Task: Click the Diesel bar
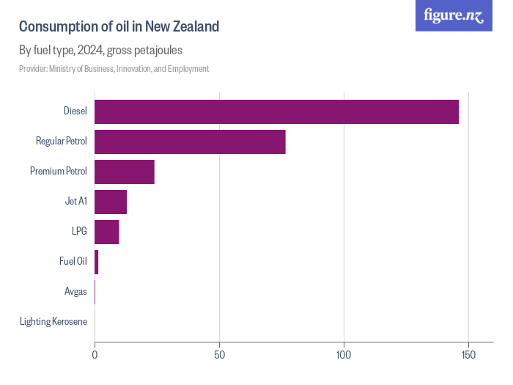pyautogui.click(x=276, y=111)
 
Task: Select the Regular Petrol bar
pyautogui.click(x=190, y=142)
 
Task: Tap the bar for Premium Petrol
pyautogui.click(x=124, y=172)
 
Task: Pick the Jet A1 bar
pyautogui.click(x=111, y=202)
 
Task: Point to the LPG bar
pyautogui.click(x=106, y=232)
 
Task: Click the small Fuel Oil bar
pyautogui.click(x=96, y=262)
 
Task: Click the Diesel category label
pyautogui.click(x=75, y=111)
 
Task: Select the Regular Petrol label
pyautogui.click(x=62, y=142)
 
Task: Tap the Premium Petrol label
pyautogui.click(x=59, y=172)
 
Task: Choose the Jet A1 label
pyautogui.click(x=76, y=202)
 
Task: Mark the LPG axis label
pyautogui.click(x=79, y=232)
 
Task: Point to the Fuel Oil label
pyautogui.click(x=73, y=262)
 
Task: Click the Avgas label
pyautogui.click(x=75, y=292)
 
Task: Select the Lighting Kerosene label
pyautogui.click(x=53, y=322)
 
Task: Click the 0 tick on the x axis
pyautogui.click(x=95, y=354)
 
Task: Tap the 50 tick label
pyautogui.click(x=219, y=354)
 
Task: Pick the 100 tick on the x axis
pyautogui.click(x=344, y=354)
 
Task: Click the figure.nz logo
pyautogui.click(x=454, y=15)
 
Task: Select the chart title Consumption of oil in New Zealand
pyautogui.click(x=119, y=27)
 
